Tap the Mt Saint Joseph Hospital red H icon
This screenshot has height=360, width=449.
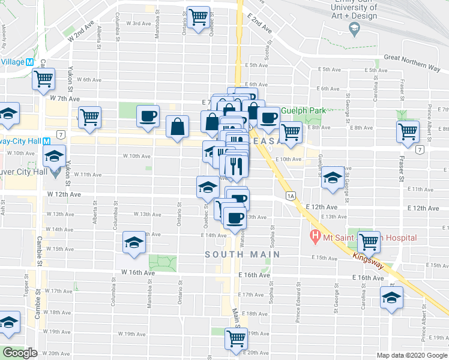click(313, 237)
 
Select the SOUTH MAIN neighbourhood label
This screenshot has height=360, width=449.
click(243, 254)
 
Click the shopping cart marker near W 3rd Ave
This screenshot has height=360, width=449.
click(198, 17)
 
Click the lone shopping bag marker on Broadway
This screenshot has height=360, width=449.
click(178, 127)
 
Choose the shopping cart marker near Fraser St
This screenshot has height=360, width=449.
click(408, 130)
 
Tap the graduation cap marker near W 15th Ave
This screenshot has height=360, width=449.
click(134, 243)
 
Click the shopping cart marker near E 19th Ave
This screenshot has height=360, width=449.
click(235, 338)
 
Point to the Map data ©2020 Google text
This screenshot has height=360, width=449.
click(412, 355)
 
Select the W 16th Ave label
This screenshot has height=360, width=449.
click(138, 272)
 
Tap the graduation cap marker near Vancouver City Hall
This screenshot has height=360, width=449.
click(54, 157)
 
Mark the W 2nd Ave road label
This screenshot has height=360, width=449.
click(82, 32)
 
